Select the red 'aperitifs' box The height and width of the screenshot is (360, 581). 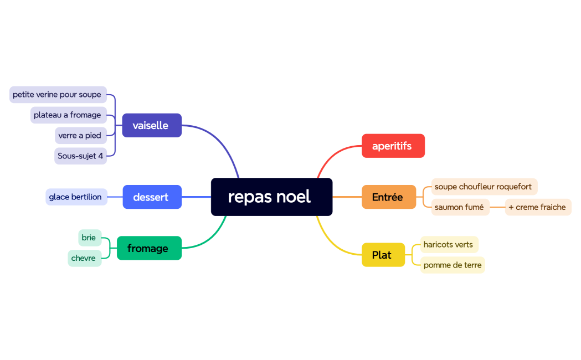coord(393,146)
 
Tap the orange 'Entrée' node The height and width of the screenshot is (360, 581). coord(388,197)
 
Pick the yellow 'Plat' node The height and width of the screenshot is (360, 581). coord(383,255)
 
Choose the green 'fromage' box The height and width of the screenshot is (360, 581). coord(148,248)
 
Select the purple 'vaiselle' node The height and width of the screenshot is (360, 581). coord(151,125)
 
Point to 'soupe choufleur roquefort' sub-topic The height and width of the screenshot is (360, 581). coord(484,187)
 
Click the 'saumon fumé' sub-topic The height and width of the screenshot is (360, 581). coord(460,207)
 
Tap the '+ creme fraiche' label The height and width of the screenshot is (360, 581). coord(537,207)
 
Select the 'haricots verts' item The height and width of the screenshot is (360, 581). coord(449,244)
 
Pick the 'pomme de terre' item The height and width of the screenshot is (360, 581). coord(452,265)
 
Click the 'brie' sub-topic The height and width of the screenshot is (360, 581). coord(89,238)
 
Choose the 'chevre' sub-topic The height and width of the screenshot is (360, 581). coord(84,258)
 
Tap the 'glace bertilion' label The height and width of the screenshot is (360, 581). coord(76,197)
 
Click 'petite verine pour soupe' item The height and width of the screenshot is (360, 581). coord(58,95)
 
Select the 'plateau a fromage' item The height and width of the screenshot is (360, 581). coord(68,115)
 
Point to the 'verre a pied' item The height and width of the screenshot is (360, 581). coord(80,136)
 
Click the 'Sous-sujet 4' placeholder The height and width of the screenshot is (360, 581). coord(80,156)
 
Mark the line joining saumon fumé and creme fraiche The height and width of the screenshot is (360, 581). coord(497,207)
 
